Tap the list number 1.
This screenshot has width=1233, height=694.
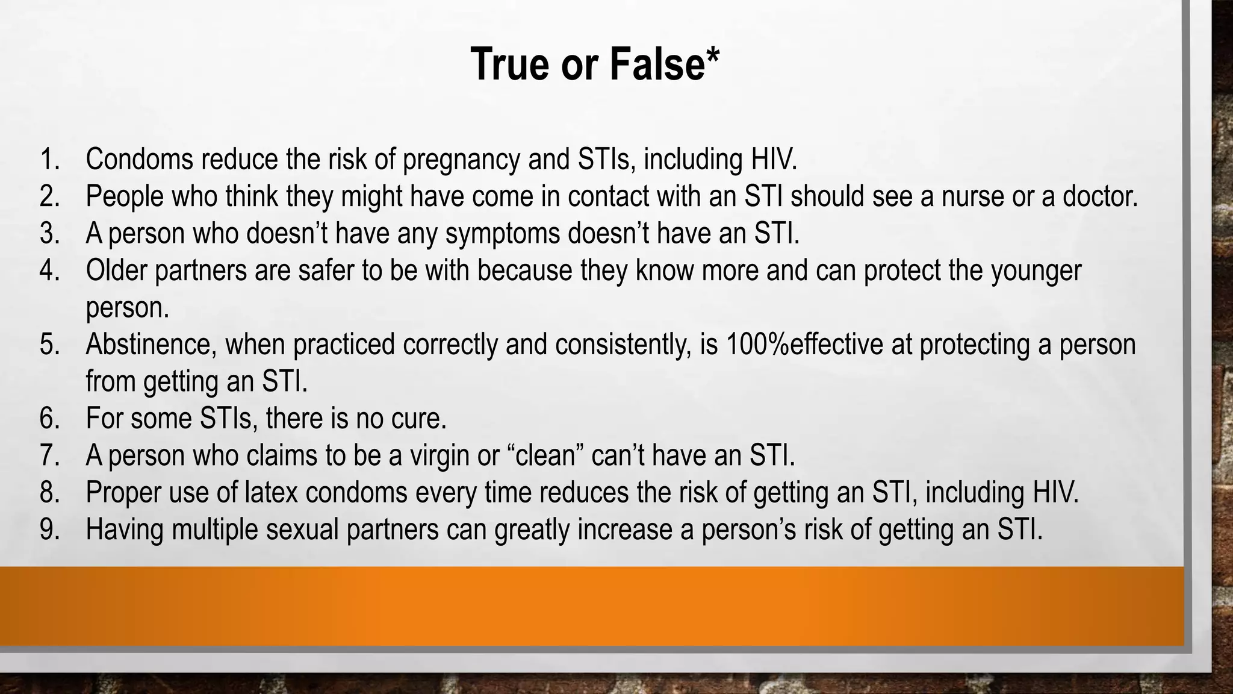50,160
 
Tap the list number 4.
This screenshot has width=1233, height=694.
50,270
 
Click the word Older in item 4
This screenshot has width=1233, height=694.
116,270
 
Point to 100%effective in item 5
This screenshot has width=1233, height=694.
804,345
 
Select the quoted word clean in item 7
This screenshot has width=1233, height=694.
546,456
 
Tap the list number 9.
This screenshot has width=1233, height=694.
50,530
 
